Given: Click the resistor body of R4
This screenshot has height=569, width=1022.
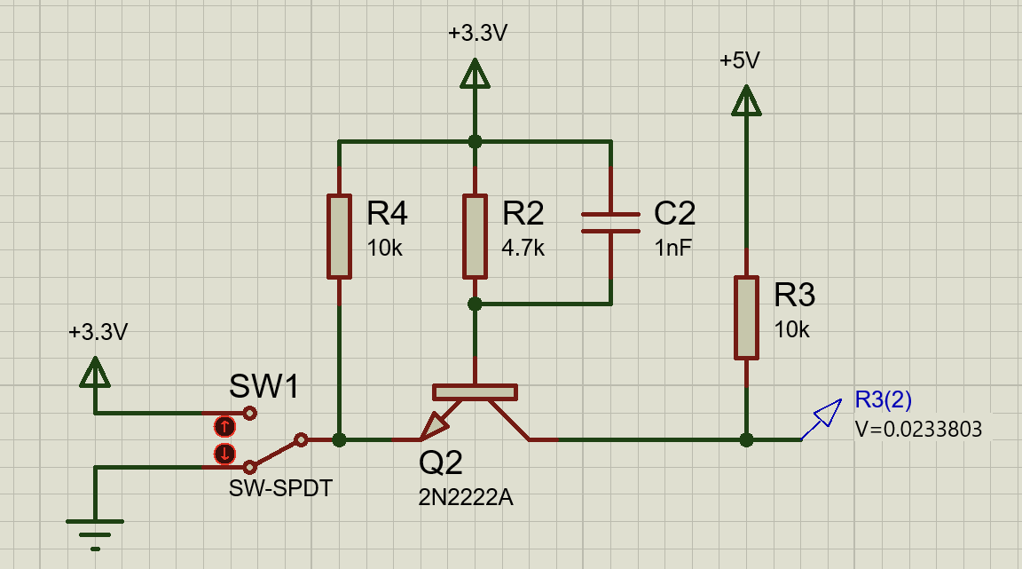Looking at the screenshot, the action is [x=339, y=236].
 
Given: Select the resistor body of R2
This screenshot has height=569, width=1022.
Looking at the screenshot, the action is [x=476, y=236].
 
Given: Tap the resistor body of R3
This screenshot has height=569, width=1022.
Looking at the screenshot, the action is [x=746, y=318].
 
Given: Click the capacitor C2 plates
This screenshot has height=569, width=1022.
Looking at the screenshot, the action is [x=610, y=223].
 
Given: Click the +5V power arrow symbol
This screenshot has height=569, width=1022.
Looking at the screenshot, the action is [x=746, y=101].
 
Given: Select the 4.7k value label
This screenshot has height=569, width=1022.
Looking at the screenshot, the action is [x=523, y=248].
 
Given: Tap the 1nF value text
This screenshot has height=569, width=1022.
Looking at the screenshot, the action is [x=673, y=248].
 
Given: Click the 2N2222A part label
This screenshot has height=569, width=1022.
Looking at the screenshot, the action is [x=466, y=497].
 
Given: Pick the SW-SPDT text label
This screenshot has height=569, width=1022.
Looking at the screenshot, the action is [x=281, y=488].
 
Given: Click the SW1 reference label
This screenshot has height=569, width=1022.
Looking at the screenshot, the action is [x=264, y=386].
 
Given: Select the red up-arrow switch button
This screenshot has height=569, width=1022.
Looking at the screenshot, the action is [x=224, y=427].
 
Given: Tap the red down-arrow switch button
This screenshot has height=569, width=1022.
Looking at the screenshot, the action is [x=224, y=453].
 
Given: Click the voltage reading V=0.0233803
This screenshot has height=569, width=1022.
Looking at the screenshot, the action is [x=918, y=429].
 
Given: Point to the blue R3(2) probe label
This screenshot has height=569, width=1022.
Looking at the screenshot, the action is [x=884, y=399].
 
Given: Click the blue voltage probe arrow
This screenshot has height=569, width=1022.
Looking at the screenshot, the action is [x=822, y=419].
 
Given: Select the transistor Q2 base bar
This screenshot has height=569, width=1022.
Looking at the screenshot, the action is [x=476, y=392].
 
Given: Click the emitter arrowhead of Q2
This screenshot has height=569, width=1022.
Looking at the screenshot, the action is [x=435, y=426].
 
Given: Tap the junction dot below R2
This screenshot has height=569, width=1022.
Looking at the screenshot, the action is [x=476, y=304].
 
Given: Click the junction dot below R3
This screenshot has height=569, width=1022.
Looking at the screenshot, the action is [x=746, y=439].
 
